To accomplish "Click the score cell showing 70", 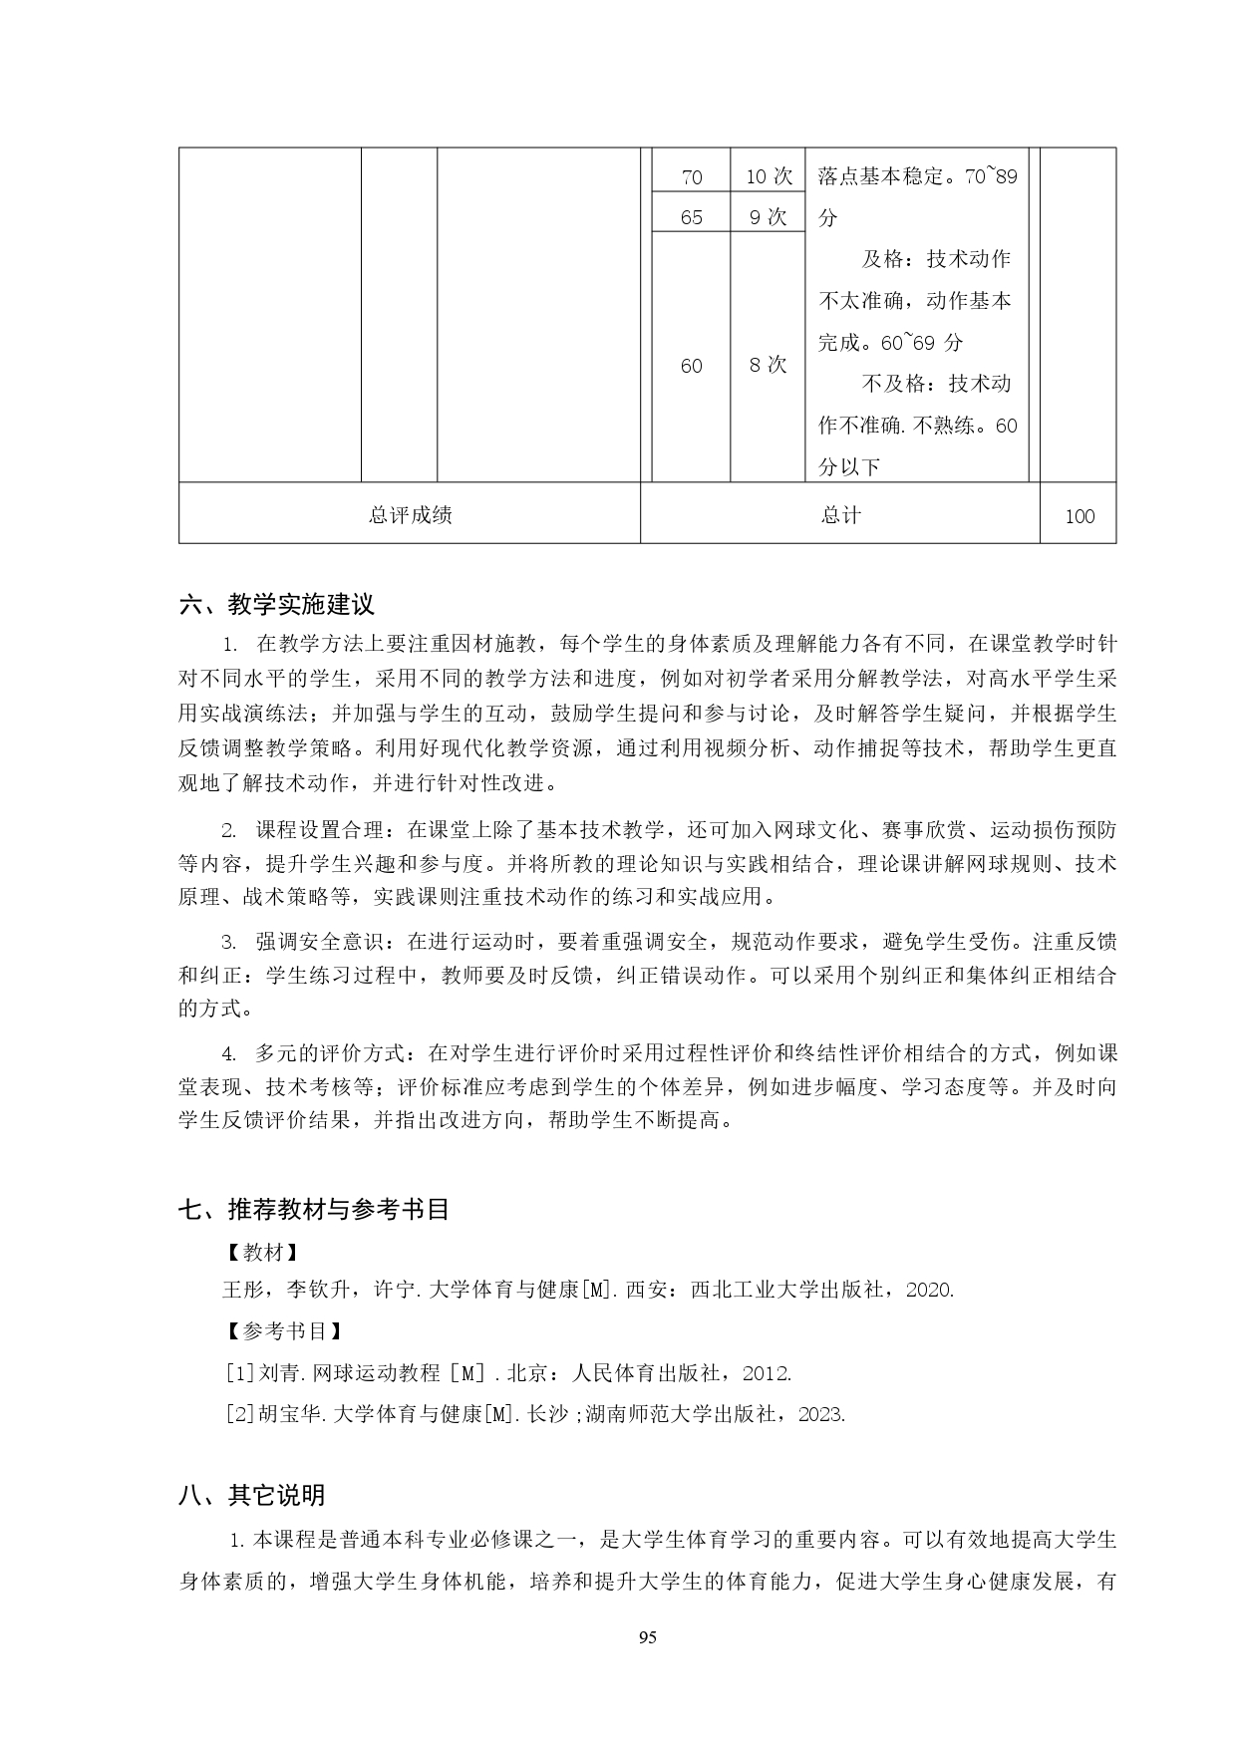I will [691, 177].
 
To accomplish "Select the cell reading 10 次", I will [769, 177].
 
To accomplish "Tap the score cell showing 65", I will [691, 217].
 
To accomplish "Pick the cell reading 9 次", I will [769, 217].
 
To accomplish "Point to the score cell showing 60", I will [691, 366].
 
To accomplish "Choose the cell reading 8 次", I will [769, 365].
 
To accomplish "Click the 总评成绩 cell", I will [410, 514].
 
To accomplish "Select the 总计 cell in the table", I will [840, 514].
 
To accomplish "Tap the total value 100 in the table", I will [1080, 516].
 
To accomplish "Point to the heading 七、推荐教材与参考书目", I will [314, 1210].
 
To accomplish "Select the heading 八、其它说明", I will [251, 1495].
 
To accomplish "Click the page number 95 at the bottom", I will [647, 1637].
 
